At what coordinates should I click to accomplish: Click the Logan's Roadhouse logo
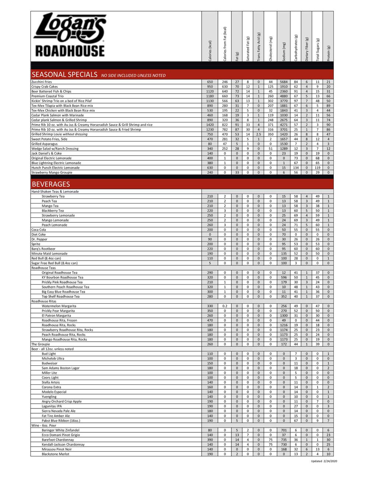(69, 35)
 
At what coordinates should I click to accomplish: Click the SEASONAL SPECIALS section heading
(64, 75)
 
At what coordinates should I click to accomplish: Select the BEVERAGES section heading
(51, 184)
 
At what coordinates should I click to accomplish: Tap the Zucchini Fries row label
(42, 82)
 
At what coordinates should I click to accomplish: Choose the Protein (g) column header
(328, 53)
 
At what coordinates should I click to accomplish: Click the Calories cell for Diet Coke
(210, 234)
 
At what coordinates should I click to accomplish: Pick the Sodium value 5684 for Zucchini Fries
(284, 82)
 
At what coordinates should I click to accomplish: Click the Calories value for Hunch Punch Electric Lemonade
(210, 168)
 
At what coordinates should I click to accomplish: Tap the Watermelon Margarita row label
(59, 306)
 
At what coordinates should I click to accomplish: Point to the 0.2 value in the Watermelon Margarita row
(225, 306)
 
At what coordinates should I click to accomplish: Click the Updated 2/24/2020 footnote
(324, 461)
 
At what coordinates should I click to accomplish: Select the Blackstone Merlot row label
(56, 454)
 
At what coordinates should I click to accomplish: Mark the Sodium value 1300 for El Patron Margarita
(284, 316)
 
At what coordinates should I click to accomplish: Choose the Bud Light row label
(49, 354)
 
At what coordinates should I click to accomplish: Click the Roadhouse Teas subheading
(43, 268)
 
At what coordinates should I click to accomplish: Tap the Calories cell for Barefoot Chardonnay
(210, 440)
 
